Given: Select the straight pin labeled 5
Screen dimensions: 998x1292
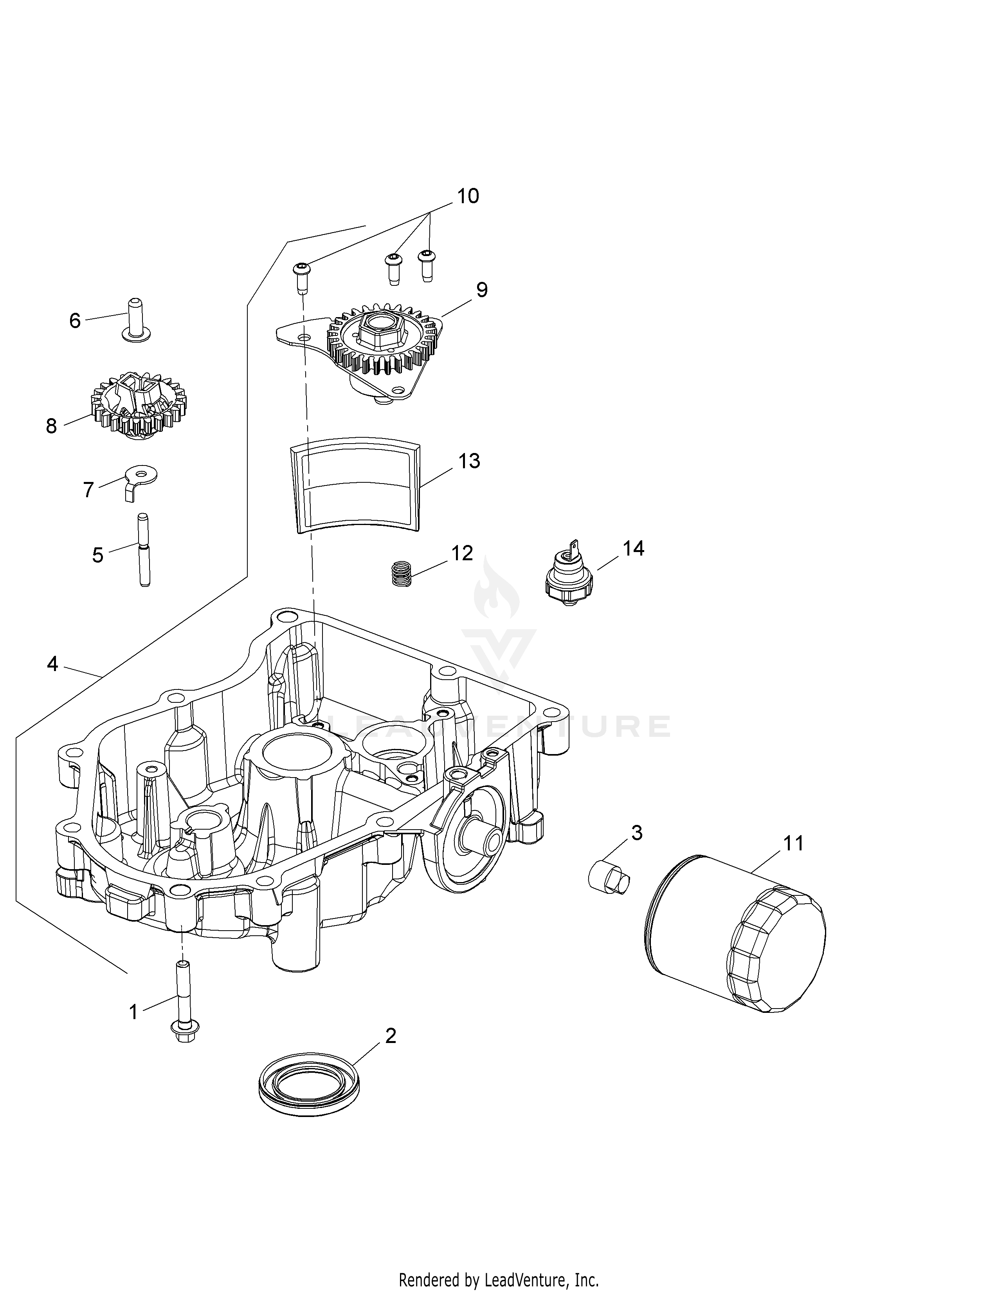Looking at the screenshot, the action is pos(144,550).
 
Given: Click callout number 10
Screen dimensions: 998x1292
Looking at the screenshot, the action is pos(468,195).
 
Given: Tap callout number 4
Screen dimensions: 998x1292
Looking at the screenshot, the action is pos(52,664).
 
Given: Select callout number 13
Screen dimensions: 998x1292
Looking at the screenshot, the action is pos(469,461).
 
